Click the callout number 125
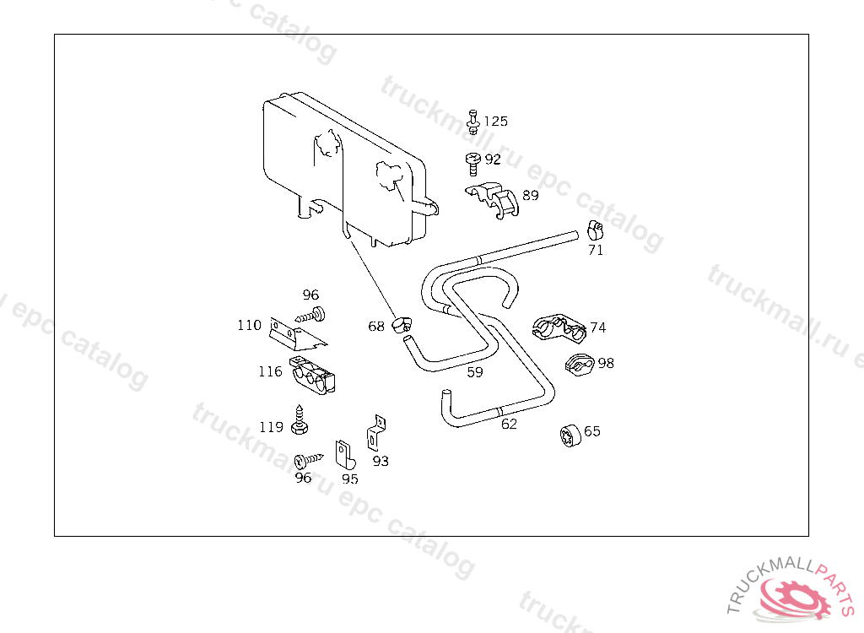[x=495, y=122]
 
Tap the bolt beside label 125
[x=473, y=122]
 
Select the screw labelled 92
[x=472, y=160]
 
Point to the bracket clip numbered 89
[x=495, y=199]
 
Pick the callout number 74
[x=597, y=327]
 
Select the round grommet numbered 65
[x=570, y=436]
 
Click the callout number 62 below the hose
[x=509, y=425]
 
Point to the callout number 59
[x=475, y=372]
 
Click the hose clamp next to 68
[x=402, y=322]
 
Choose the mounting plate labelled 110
[x=295, y=334]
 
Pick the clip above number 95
[x=344, y=454]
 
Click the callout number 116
[x=270, y=372]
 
